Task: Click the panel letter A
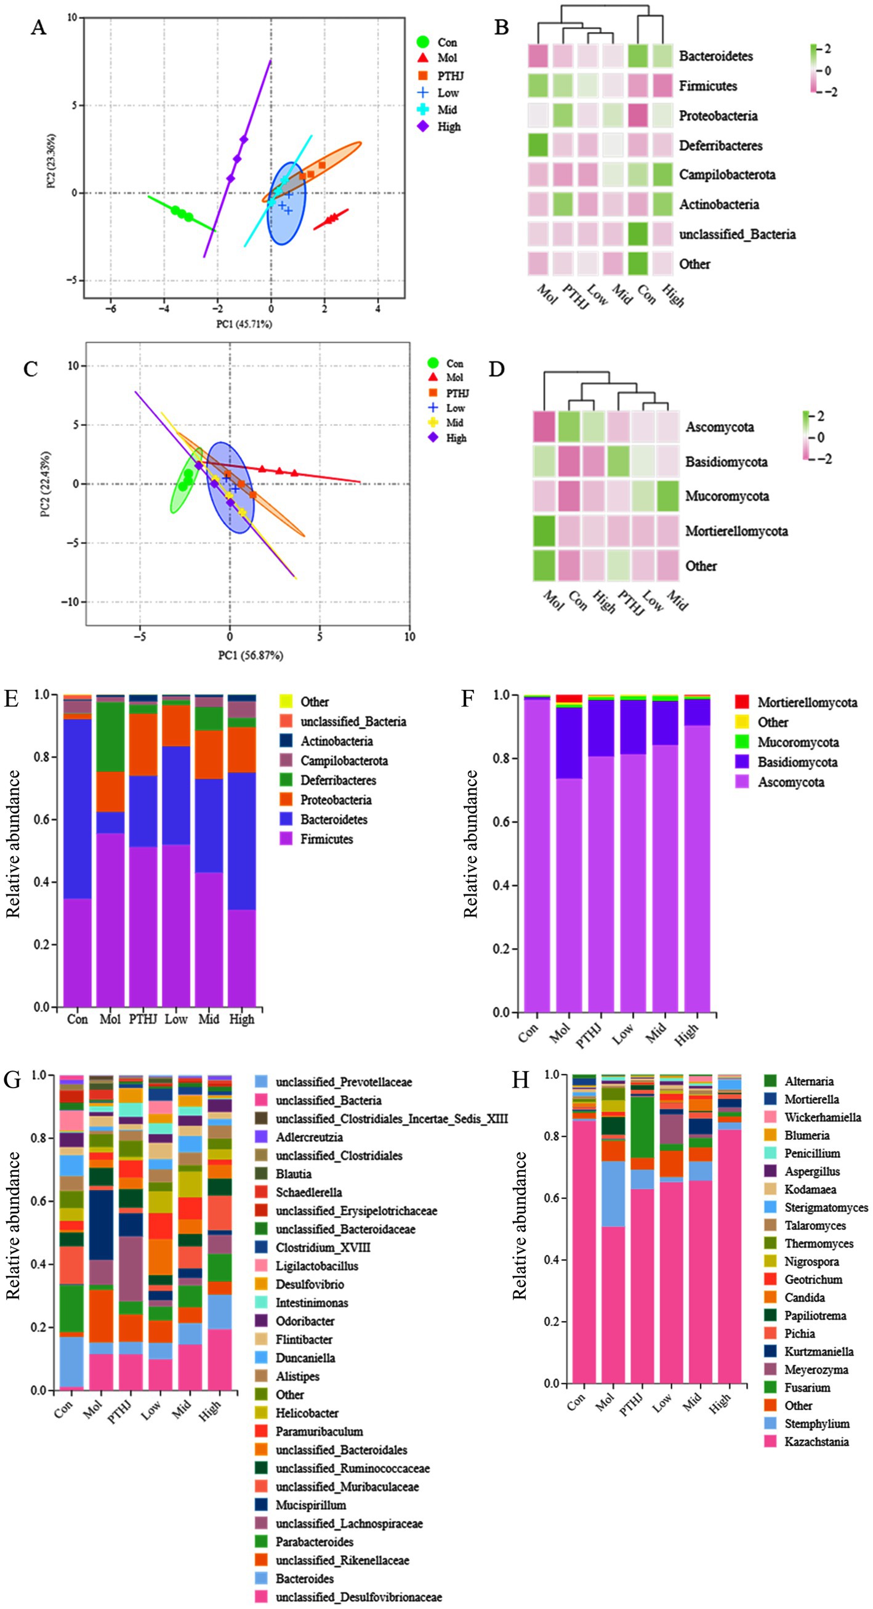tap(38, 28)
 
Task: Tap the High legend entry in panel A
tap(449, 127)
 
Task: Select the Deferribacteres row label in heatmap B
tap(720, 145)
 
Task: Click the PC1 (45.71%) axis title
tap(244, 324)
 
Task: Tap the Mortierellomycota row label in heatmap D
tap(736, 531)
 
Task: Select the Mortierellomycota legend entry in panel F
tap(807, 703)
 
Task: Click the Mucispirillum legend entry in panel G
tap(310, 1505)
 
